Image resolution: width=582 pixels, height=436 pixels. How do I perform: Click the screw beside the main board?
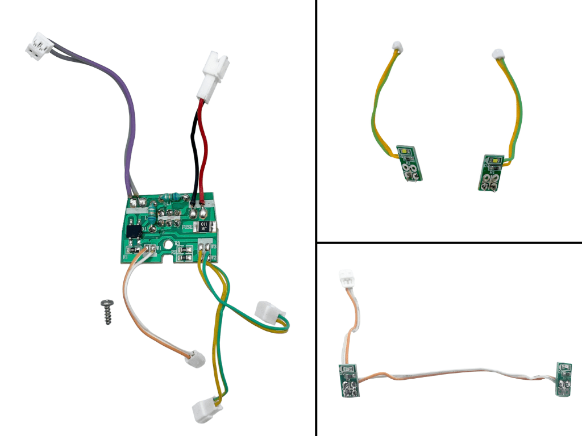(106, 312)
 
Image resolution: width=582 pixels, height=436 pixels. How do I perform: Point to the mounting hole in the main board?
(169, 248)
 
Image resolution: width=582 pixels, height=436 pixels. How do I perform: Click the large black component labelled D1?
(135, 232)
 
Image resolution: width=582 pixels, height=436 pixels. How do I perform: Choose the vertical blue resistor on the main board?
(153, 215)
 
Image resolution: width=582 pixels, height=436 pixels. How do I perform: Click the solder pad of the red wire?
(203, 214)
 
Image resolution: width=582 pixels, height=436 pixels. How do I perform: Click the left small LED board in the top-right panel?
(408, 162)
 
